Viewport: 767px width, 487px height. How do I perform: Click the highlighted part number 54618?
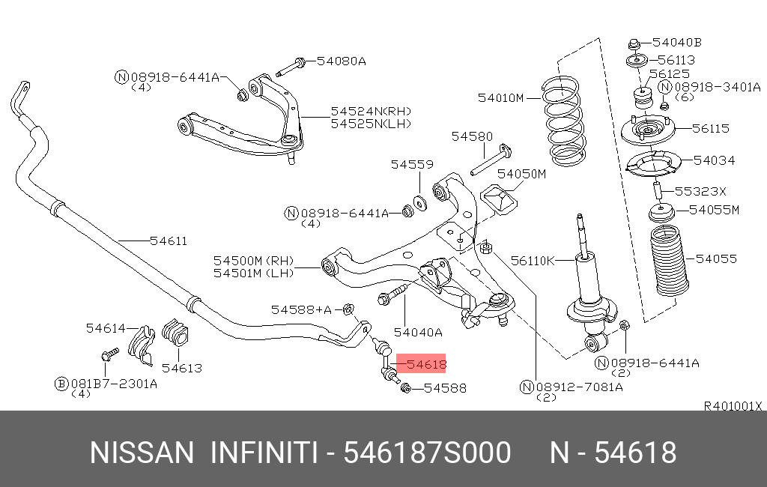tap(425, 365)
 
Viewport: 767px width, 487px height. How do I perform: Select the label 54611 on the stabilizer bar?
tap(168, 241)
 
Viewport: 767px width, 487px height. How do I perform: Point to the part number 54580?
tap(472, 136)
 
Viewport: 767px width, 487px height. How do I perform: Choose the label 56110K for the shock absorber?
tap(533, 260)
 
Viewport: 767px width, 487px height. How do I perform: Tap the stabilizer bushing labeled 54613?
tap(177, 333)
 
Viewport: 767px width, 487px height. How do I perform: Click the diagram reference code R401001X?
tap(733, 406)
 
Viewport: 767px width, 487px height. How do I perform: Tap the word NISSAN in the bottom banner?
tap(142, 453)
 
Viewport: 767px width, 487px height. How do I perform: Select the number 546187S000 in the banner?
tap(427, 453)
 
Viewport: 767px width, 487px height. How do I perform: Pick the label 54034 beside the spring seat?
tap(714, 160)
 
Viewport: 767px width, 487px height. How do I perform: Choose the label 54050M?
tap(522, 174)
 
